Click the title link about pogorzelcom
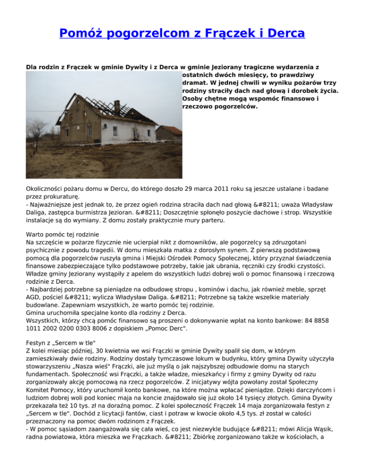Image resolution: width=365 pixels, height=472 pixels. click(x=182, y=34)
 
